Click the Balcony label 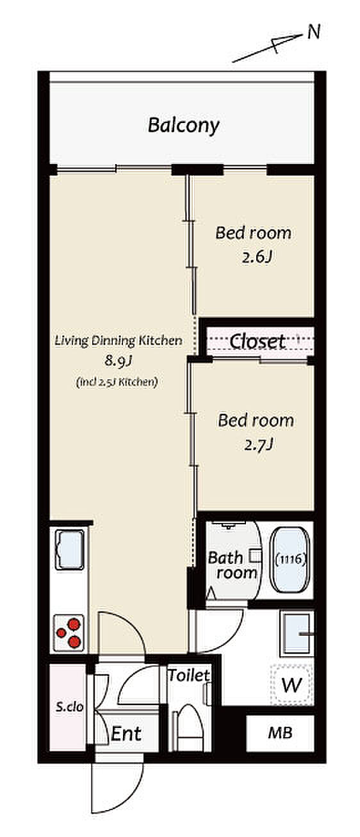[183, 126]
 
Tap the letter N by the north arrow [314, 33]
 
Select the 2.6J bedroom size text [256, 257]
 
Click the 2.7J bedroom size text [258, 445]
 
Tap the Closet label [258, 341]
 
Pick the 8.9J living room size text [119, 361]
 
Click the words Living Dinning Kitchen [119, 341]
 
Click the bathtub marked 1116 [291, 559]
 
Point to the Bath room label [233, 565]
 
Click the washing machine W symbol [291, 684]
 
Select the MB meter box [280, 733]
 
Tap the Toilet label [188, 675]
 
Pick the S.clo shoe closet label [69, 707]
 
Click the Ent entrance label [126, 733]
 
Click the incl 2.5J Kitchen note [117, 382]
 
